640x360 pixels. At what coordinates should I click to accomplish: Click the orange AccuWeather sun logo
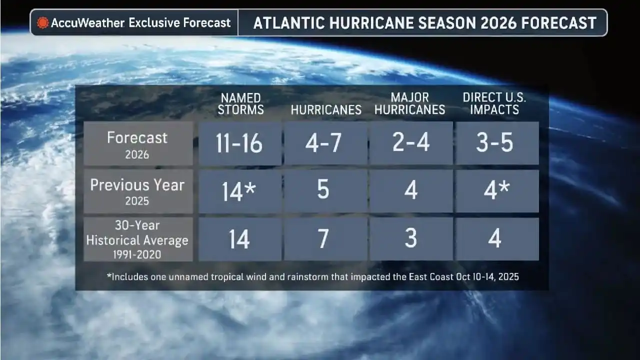[43, 23]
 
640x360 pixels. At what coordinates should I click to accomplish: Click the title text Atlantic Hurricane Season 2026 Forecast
[425, 23]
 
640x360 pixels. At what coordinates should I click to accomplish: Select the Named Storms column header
[240, 104]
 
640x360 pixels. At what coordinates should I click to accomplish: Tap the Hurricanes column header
[326, 110]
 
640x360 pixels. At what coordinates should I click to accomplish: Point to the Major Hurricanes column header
[410, 104]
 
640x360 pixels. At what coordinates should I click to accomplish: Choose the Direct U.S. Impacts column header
[495, 104]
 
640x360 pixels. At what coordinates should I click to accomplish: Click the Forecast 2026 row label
[137, 143]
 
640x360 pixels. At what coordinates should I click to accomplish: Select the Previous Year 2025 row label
[137, 191]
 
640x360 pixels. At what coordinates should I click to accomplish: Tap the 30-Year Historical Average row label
[137, 239]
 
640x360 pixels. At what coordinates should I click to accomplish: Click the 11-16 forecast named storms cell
[239, 143]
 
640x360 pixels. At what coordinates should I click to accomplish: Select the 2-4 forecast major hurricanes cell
[410, 143]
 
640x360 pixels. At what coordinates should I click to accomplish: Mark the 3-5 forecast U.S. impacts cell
[495, 143]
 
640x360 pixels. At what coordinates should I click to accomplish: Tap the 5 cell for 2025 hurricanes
[324, 191]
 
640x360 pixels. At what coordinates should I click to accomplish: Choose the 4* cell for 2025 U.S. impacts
[496, 191]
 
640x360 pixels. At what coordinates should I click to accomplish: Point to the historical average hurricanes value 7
[324, 239]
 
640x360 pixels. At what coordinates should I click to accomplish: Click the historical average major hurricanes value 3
[410, 239]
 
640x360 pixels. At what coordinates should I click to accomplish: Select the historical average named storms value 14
[239, 239]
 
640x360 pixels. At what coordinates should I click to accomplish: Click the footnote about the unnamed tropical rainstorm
[313, 276]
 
